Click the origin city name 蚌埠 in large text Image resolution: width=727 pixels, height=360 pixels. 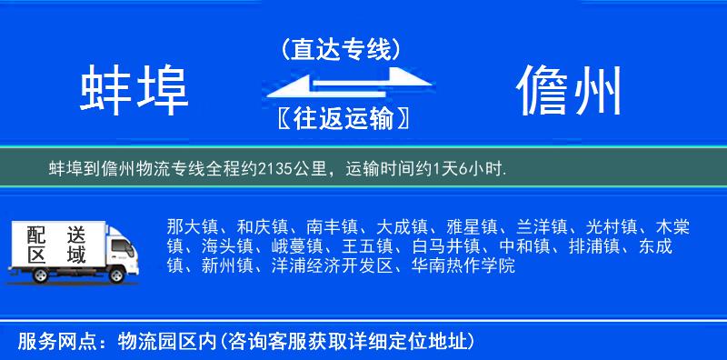(134, 90)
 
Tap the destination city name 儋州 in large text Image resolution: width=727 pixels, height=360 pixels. (570, 90)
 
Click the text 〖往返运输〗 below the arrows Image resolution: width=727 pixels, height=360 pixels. (341, 118)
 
